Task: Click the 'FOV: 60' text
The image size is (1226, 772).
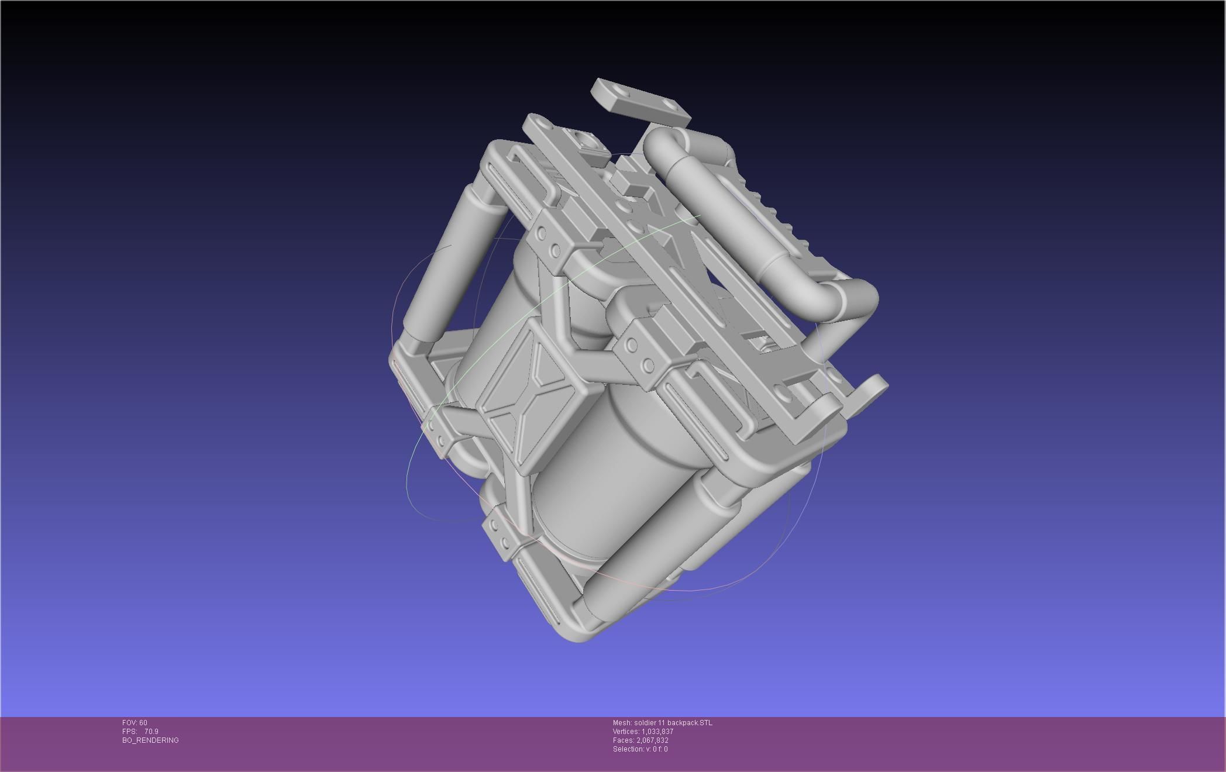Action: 135,723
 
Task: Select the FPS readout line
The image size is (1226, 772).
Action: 140,732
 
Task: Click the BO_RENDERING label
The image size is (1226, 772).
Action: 150,740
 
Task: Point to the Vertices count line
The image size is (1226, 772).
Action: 643,732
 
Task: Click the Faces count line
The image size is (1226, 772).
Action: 640,740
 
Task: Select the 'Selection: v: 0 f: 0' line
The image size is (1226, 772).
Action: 640,749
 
